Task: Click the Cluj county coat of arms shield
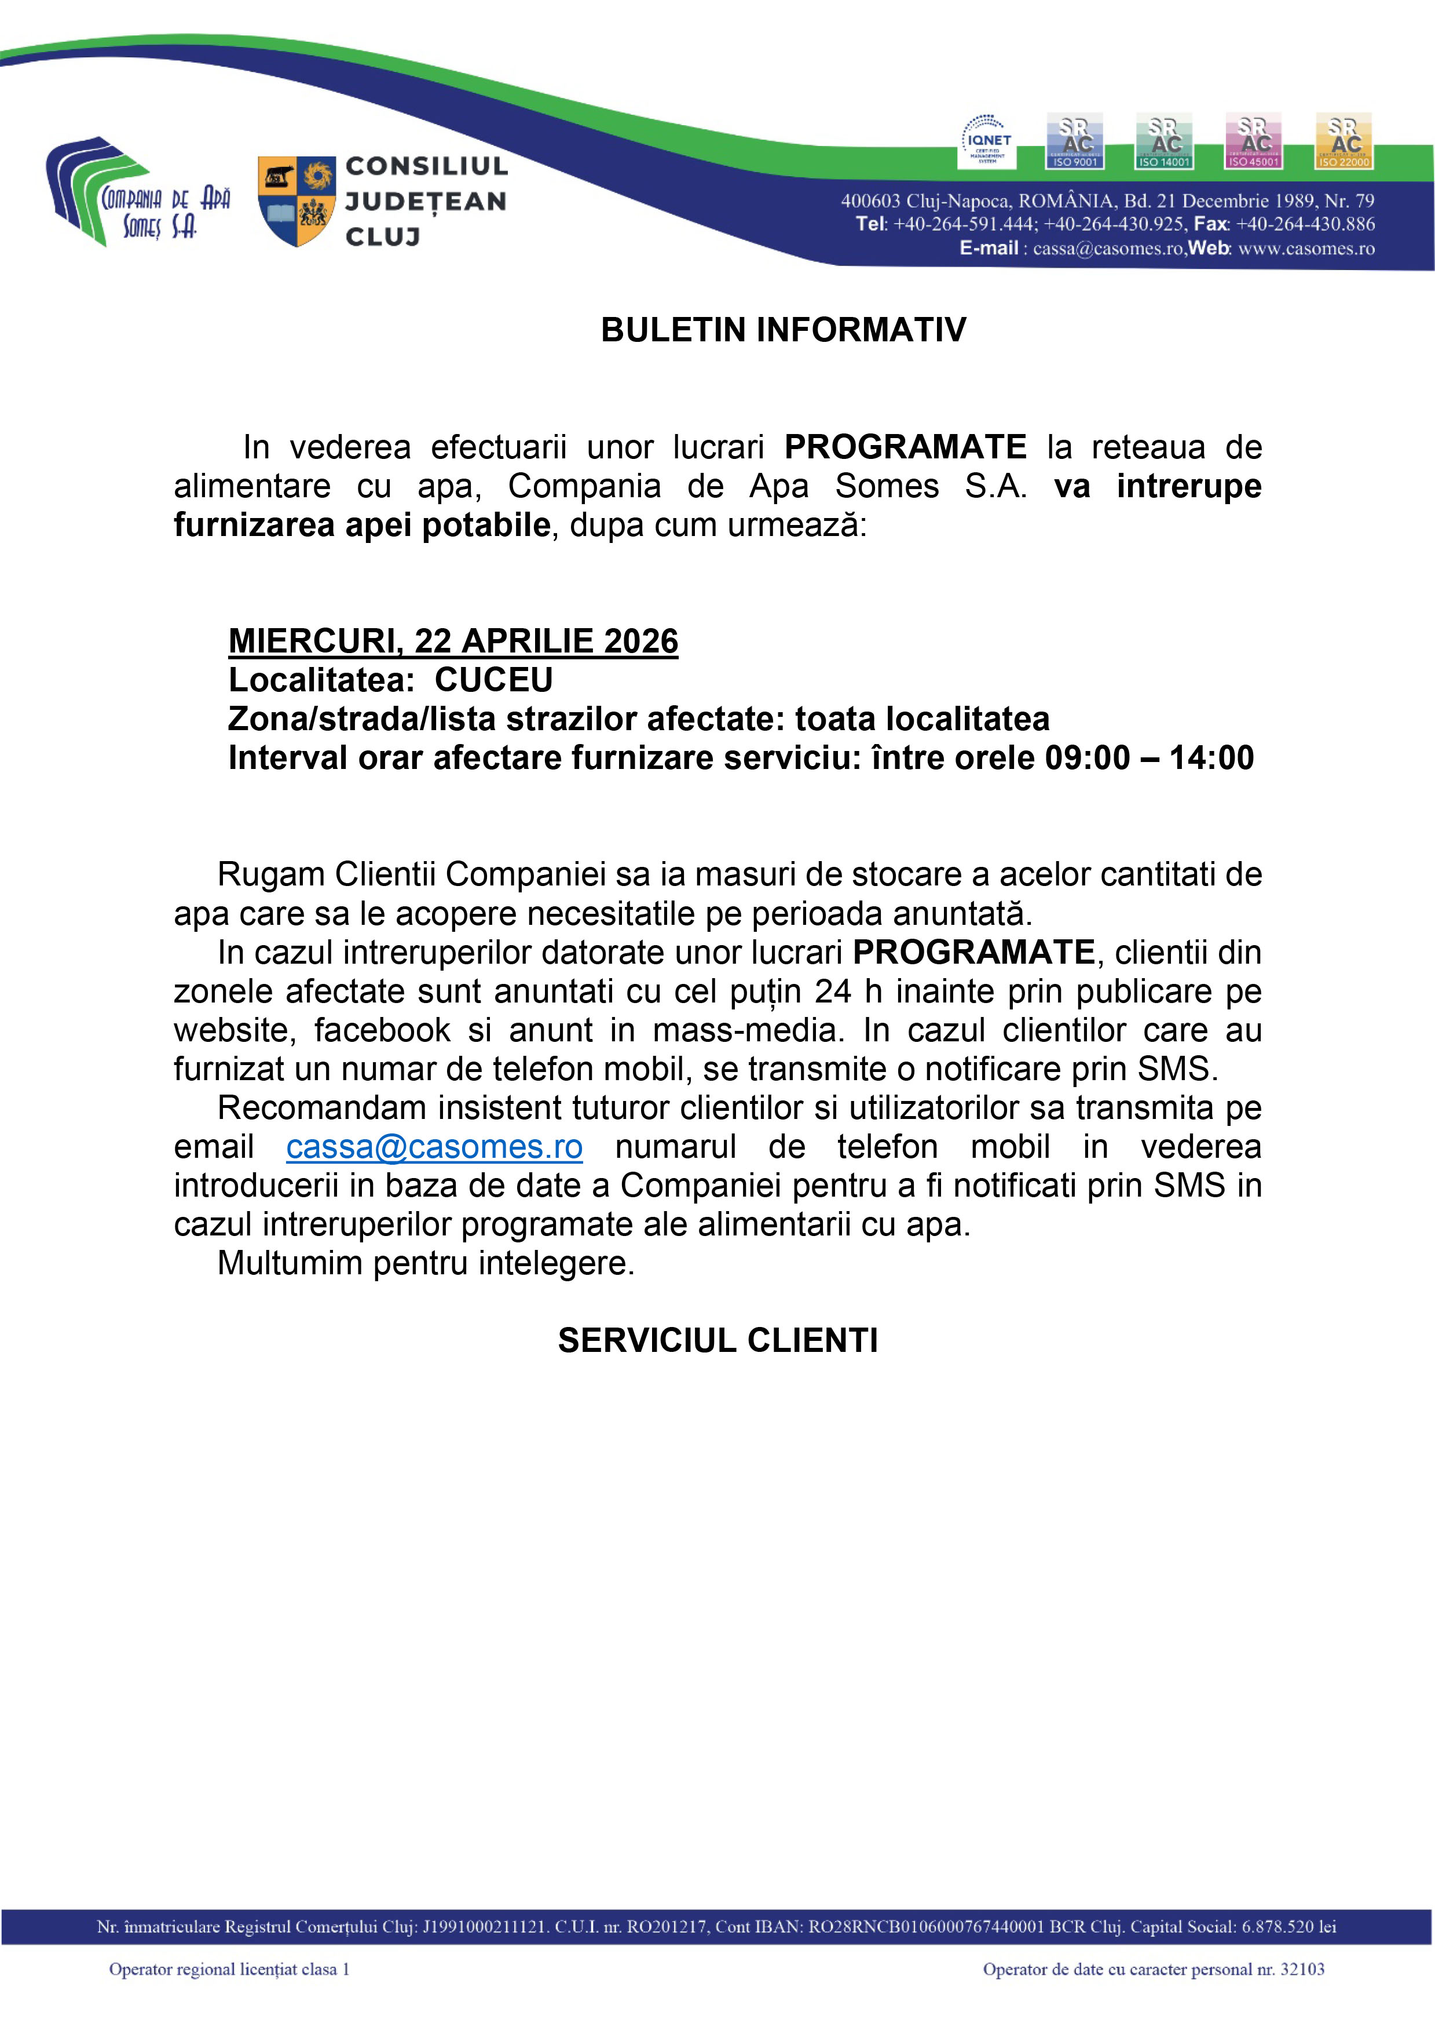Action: click(296, 200)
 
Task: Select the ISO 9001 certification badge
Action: click(1074, 141)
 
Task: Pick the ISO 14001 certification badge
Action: click(1164, 141)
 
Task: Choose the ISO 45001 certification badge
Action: click(1253, 141)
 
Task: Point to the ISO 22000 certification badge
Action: click(1343, 141)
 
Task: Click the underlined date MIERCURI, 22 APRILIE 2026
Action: click(453, 641)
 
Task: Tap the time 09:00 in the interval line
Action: click(1087, 757)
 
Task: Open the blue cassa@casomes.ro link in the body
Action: click(434, 1147)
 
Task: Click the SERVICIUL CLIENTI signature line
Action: click(718, 1340)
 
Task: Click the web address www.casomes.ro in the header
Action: click(1306, 249)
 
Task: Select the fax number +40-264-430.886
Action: click(1305, 224)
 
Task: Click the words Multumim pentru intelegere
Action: click(426, 1263)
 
